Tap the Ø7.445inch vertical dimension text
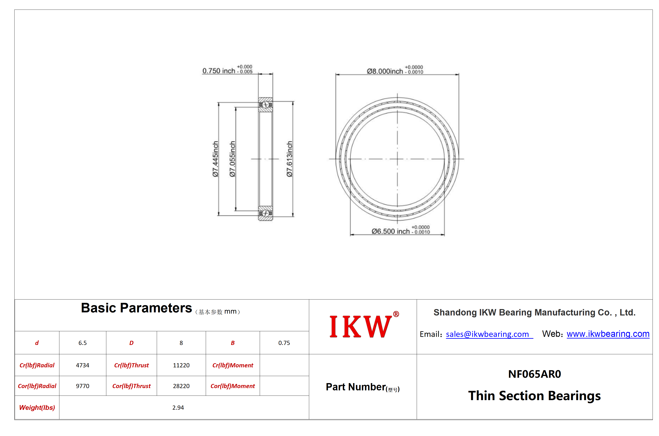[215, 159]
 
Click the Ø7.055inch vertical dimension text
[232, 159]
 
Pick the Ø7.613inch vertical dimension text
[289, 159]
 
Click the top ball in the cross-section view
[266, 105]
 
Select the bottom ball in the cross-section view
[266, 213]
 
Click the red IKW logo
[364, 324]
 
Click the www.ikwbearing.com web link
[608, 334]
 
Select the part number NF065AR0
[534, 374]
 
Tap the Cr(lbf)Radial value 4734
[83, 365]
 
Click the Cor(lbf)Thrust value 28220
[181, 386]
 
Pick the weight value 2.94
[178, 407]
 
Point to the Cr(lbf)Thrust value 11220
[181, 365]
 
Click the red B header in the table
[233, 343]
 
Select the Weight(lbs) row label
[37, 407]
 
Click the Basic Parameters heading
[136, 308]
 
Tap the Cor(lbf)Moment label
[233, 386]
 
